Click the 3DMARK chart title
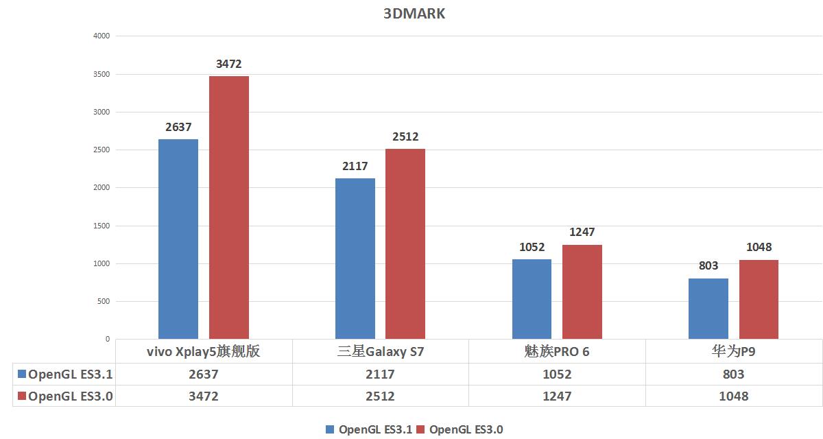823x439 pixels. click(414, 14)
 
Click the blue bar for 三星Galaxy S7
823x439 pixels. click(355, 259)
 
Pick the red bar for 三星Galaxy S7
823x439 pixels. click(405, 244)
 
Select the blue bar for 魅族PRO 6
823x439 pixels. click(532, 299)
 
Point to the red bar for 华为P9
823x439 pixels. click(759, 299)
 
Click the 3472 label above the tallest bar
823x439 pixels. click(228, 64)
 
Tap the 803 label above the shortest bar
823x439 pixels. click(708, 266)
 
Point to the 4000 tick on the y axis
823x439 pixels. click(101, 36)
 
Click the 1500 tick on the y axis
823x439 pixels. click(101, 226)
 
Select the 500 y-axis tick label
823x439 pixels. click(103, 301)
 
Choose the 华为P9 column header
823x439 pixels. click(734, 352)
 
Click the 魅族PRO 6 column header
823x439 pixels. click(557, 352)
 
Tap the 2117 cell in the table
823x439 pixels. click(381, 375)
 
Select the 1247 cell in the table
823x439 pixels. click(557, 396)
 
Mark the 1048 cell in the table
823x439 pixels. click(734, 396)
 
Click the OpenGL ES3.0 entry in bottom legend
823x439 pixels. click(466, 429)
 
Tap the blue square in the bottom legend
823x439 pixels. click(331, 429)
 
